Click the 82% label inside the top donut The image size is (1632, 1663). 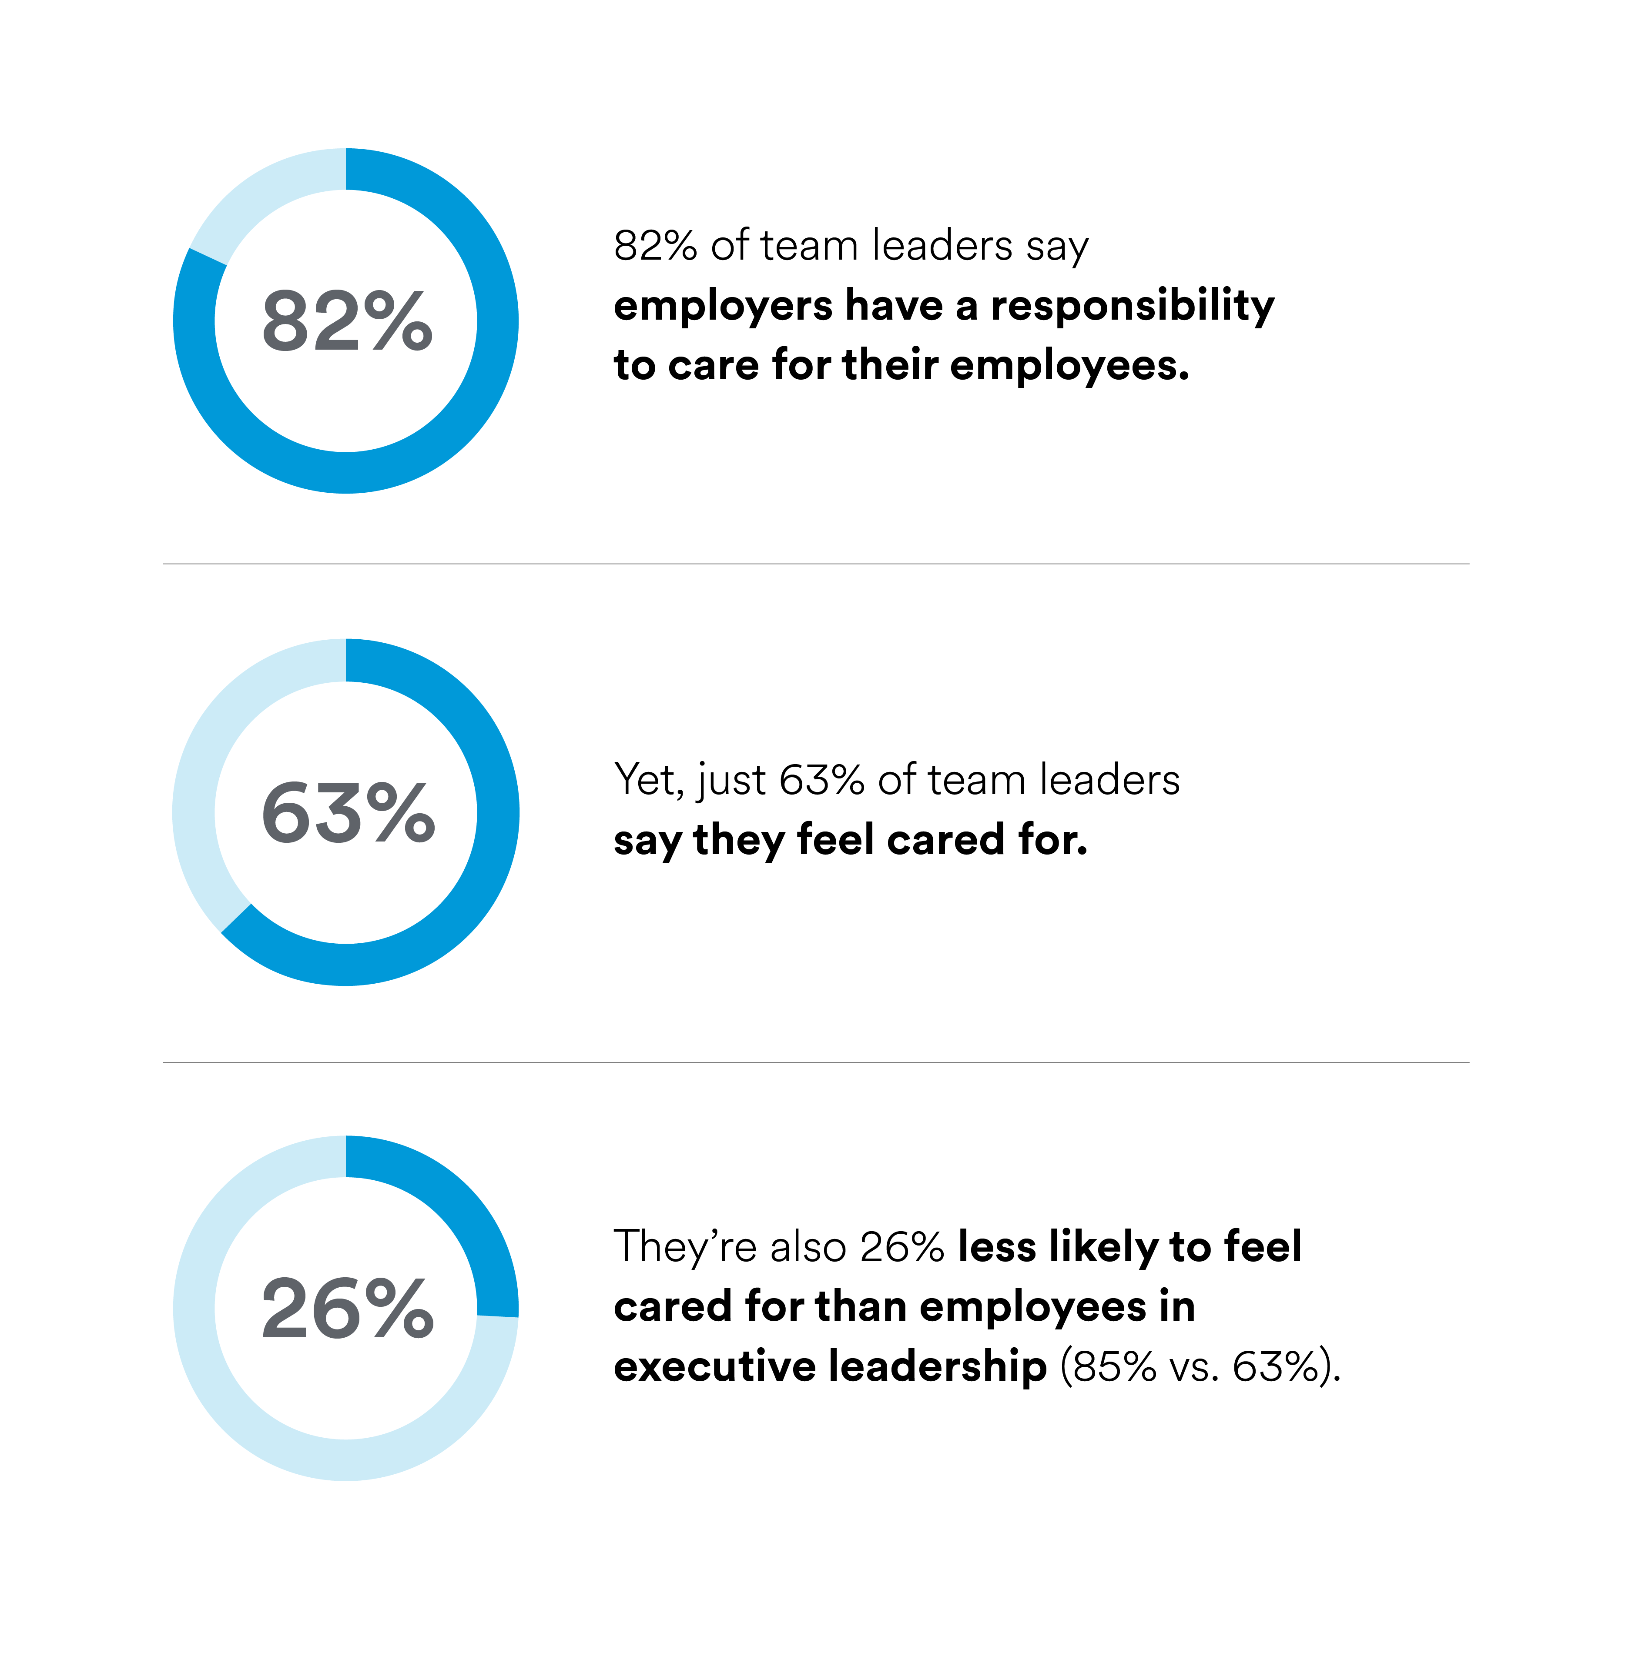347,321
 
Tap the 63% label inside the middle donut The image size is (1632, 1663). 347,812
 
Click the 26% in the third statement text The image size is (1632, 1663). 902,1247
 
